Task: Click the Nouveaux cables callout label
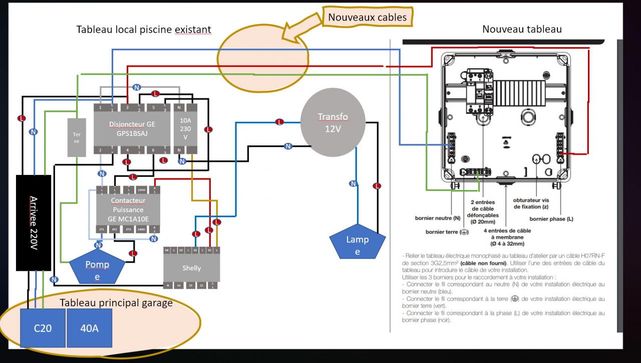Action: (x=367, y=18)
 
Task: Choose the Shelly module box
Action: (x=191, y=267)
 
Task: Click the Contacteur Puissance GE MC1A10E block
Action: (x=128, y=210)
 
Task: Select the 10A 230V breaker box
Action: (x=185, y=129)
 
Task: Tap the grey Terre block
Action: (x=76, y=137)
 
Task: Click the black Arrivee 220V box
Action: (x=34, y=223)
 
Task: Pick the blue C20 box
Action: (x=43, y=328)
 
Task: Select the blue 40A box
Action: (x=89, y=328)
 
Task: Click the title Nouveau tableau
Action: (x=522, y=29)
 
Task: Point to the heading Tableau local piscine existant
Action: (x=143, y=30)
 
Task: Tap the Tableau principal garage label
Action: (x=116, y=303)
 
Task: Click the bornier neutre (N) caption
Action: (x=437, y=219)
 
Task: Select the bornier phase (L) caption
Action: (x=551, y=219)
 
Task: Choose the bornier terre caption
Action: (x=447, y=232)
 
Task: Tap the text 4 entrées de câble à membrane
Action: (x=507, y=237)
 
